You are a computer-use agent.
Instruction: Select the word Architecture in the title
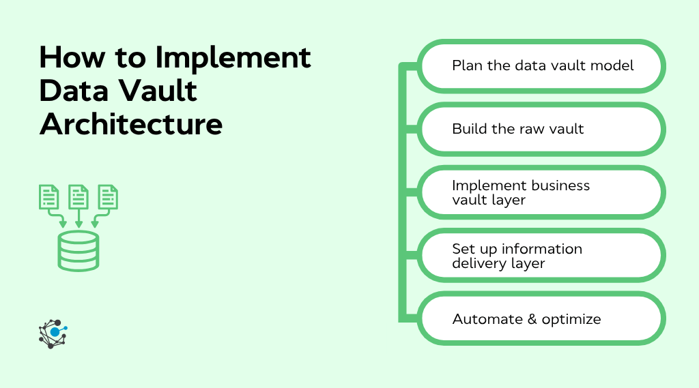(131, 125)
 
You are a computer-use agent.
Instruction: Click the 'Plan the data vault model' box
(541, 66)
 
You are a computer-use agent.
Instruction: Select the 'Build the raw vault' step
(541, 129)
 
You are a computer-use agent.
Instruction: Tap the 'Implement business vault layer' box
(541, 192)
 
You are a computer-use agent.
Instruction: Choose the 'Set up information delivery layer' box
(541, 256)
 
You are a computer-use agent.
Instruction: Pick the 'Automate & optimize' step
(541, 319)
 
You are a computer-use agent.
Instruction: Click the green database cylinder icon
(78, 250)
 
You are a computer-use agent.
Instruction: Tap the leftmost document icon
(48, 197)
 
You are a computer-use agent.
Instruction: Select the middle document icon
(79, 197)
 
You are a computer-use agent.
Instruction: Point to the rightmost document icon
(108, 197)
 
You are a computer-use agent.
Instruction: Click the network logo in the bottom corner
(53, 333)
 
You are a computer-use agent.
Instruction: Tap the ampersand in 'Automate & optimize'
(532, 319)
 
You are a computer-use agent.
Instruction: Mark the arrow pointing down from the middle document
(79, 220)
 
